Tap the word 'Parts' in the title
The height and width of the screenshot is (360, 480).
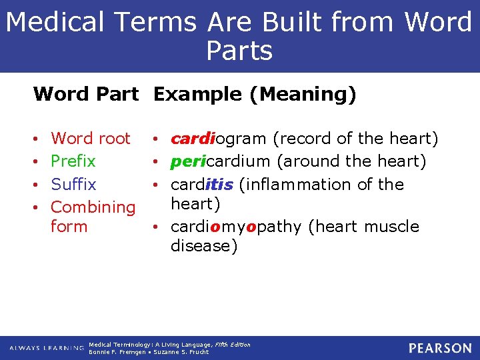coord(239,51)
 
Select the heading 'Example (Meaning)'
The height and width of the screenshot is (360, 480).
coord(255,95)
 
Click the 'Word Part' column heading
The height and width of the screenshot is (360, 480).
coord(86,95)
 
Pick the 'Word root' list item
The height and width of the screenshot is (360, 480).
coord(90,139)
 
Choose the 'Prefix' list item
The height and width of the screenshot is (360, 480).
coord(73,161)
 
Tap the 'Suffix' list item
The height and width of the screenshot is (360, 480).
coord(73,184)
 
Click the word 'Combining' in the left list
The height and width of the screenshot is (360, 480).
coord(93,207)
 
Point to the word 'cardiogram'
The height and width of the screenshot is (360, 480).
coord(220,139)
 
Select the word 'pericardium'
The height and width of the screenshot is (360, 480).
coord(221,161)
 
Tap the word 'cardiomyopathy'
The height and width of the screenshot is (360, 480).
coord(236,227)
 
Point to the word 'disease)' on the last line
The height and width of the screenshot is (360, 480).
coord(203,246)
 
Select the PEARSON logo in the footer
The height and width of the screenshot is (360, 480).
coord(439,348)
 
